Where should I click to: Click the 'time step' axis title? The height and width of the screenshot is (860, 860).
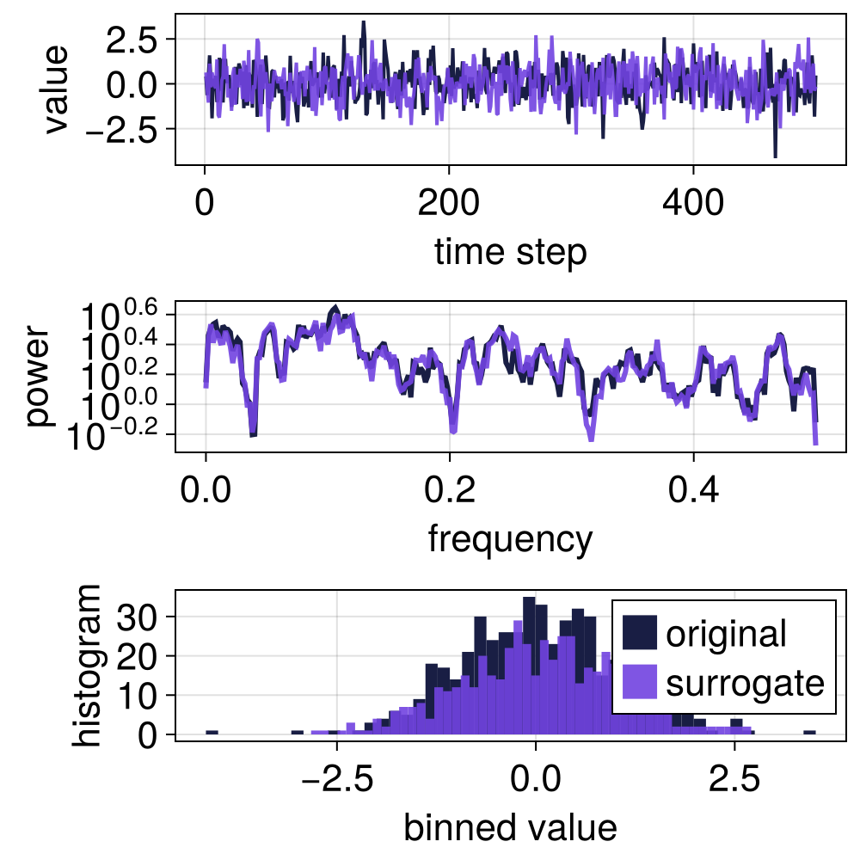pos(511,253)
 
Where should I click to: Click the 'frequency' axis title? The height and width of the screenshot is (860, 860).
pos(510,539)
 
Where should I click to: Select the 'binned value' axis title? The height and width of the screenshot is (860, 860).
pos(510,827)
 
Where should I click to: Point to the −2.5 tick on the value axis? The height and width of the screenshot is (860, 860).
pos(120,129)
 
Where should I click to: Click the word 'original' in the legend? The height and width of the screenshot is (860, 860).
pos(726,634)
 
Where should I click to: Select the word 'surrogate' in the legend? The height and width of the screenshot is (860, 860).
pos(745,683)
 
